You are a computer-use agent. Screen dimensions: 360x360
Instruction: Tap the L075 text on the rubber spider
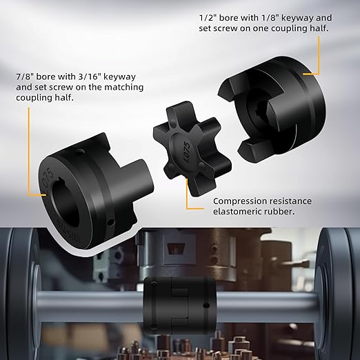point(187,152)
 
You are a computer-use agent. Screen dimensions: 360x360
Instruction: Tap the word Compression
point(239,201)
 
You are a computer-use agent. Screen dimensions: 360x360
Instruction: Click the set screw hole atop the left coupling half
point(80,152)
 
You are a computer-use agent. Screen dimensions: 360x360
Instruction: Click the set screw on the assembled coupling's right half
point(206,306)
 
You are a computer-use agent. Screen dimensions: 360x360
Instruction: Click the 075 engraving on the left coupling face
point(48,177)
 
